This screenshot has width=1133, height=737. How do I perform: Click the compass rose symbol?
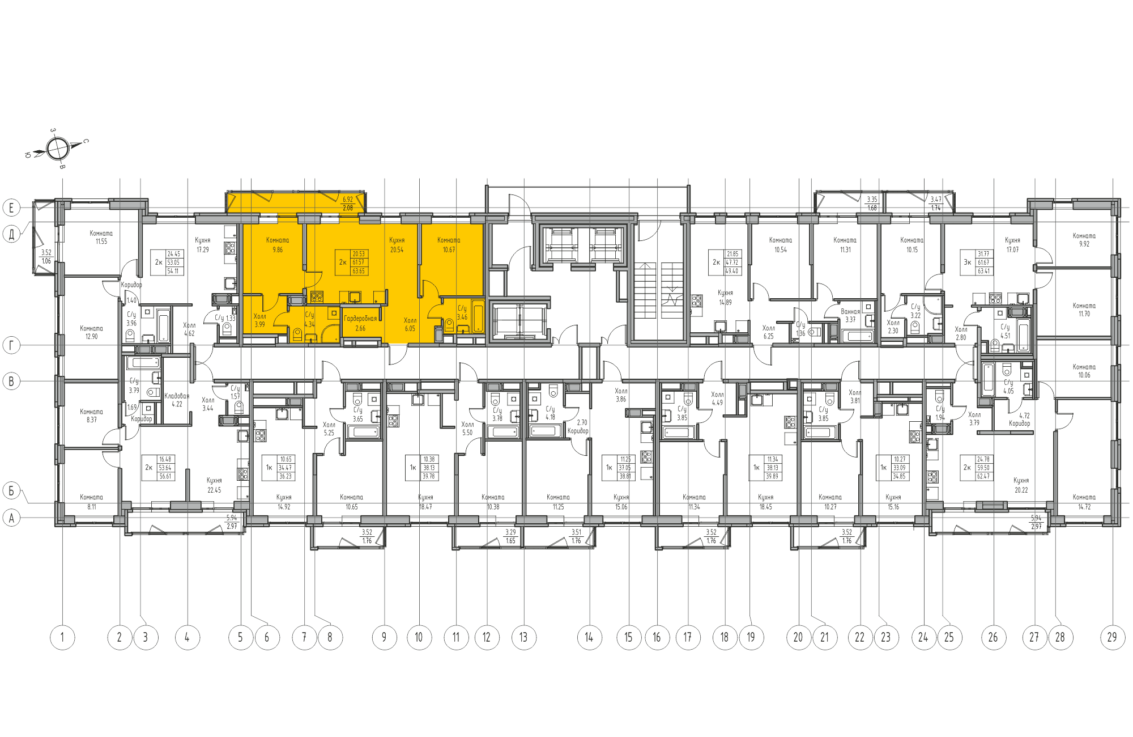tap(57, 149)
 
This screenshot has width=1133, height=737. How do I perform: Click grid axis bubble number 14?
tap(589, 637)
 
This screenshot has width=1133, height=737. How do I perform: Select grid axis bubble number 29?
tap(1112, 637)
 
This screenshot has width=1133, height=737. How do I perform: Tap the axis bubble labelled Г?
tap(11, 345)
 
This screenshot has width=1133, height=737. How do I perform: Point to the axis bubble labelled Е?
tap(11, 207)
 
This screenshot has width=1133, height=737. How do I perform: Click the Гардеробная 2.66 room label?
tap(360, 323)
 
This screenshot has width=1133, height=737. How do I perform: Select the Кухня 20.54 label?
tap(397, 245)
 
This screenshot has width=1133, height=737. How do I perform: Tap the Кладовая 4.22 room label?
tap(177, 400)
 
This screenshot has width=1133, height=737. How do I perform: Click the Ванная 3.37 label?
tap(850, 315)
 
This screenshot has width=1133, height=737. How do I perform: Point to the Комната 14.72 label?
tap(1084, 502)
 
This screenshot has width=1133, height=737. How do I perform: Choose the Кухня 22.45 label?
tap(214, 485)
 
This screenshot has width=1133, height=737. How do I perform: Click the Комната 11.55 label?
tap(101, 237)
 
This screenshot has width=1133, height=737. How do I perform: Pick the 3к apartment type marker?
tap(968, 262)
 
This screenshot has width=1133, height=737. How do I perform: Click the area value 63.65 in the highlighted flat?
tap(359, 271)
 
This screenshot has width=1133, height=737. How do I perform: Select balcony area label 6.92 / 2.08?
tap(348, 204)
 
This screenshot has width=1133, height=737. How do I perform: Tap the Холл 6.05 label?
tap(410, 324)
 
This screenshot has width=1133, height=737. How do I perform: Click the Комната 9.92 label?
tap(1084, 240)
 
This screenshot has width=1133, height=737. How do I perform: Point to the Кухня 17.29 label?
tap(202, 245)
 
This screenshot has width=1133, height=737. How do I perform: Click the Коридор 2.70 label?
tap(579, 426)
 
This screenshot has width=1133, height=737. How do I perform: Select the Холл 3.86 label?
tap(621, 395)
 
